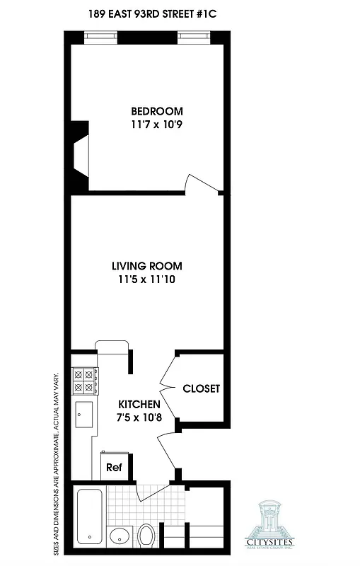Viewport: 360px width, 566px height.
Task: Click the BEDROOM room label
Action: pos(156,111)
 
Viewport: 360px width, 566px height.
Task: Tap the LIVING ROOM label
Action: pos(146,266)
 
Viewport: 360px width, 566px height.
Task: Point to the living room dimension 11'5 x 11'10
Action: pos(146,279)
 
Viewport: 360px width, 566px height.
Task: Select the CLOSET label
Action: pos(201,388)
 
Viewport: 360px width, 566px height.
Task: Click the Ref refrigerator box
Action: pos(113,468)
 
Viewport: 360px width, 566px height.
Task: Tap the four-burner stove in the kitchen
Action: pos(84,381)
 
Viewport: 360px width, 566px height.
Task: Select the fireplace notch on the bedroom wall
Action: pos(80,156)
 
